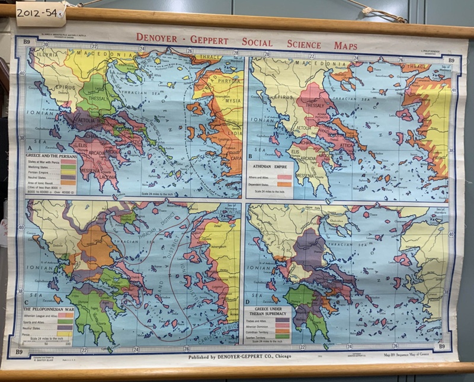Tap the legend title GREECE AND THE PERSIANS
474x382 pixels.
click(50, 155)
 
